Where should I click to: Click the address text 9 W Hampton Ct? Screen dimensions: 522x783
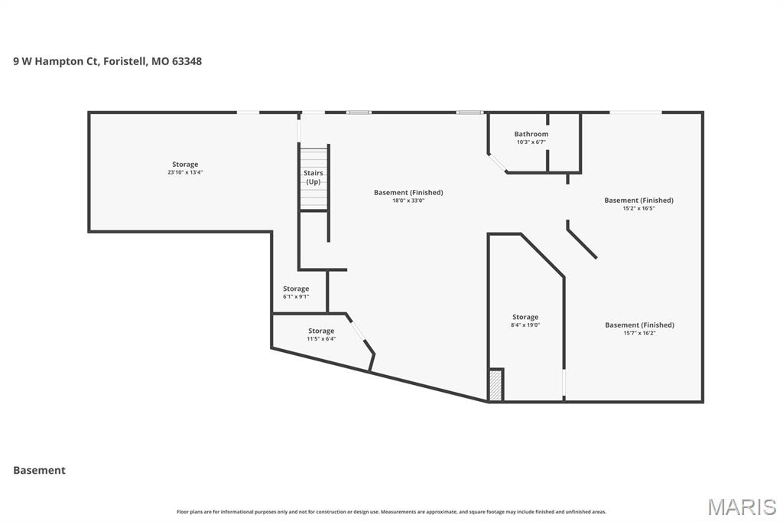click(56, 61)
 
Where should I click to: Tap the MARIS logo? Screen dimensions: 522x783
click(741, 507)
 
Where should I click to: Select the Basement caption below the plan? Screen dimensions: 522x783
click(39, 470)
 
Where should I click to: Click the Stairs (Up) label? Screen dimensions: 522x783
click(314, 178)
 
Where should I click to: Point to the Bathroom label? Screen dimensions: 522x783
click(531, 134)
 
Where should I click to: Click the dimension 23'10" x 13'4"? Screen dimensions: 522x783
click(185, 172)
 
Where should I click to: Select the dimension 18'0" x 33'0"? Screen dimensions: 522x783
click(408, 201)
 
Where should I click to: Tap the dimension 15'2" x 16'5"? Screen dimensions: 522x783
click(638, 208)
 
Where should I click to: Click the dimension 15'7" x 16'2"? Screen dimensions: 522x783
click(639, 333)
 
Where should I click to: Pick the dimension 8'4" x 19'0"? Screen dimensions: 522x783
click(525, 325)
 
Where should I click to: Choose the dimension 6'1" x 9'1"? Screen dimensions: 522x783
click(296, 296)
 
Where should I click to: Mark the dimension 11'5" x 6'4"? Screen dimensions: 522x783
click(321, 338)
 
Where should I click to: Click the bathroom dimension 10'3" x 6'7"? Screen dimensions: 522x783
click(531, 142)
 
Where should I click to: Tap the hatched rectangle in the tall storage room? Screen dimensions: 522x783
click(495, 385)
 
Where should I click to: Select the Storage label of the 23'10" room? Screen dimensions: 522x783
click(185, 164)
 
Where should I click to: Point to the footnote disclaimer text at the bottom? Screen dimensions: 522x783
click(391, 511)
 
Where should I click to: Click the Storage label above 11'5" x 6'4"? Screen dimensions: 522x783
click(321, 331)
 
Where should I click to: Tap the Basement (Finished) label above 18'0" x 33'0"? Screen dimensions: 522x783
click(408, 192)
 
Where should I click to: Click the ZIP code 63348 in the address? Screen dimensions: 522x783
click(187, 61)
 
